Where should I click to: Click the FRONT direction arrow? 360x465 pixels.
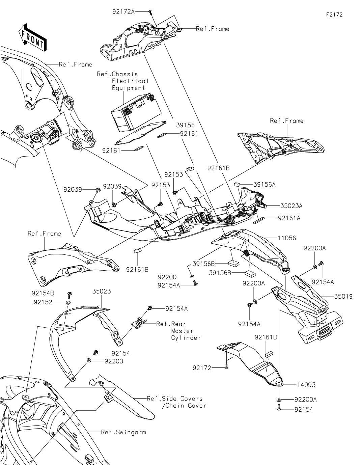(32, 37)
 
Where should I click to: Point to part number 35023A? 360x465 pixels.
(291, 206)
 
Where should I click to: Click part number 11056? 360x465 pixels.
(286, 238)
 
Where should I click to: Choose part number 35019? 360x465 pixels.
(343, 297)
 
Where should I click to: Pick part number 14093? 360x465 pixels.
(306, 385)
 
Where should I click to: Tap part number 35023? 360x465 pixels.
(102, 291)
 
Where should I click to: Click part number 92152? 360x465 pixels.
(43, 302)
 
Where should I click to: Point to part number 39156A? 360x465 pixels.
(265, 185)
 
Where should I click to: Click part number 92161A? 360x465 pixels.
(289, 218)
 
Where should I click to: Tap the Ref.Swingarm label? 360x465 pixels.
(123, 432)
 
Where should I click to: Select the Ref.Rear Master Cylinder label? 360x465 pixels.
(178, 331)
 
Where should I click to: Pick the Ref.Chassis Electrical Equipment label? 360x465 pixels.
(122, 81)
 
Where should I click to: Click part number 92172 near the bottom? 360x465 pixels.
(202, 368)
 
